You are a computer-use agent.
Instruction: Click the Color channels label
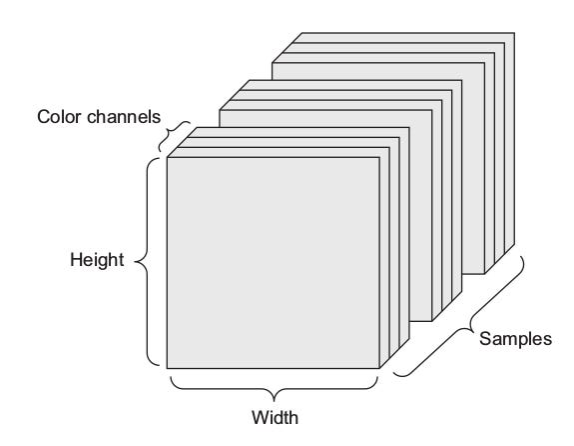(x=99, y=117)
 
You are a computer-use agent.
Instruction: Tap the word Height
(x=97, y=260)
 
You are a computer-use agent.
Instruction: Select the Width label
(x=275, y=417)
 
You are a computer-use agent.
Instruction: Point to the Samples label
(x=515, y=339)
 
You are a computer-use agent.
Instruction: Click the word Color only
(x=59, y=117)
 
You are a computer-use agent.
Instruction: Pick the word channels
(x=124, y=117)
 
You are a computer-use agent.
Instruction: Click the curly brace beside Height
(x=147, y=262)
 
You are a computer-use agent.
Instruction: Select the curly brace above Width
(x=274, y=389)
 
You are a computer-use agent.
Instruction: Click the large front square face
(x=274, y=263)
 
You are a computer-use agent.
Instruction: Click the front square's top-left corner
(x=167, y=157)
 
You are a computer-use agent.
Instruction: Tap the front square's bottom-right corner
(x=380, y=368)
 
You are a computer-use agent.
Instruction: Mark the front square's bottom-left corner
(x=167, y=368)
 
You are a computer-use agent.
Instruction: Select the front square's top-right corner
(x=380, y=157)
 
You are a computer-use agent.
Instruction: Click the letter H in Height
(x=76, y=259)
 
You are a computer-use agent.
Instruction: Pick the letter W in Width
(x=261, y=417)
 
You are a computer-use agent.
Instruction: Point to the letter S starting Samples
(x=485, y=338)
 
